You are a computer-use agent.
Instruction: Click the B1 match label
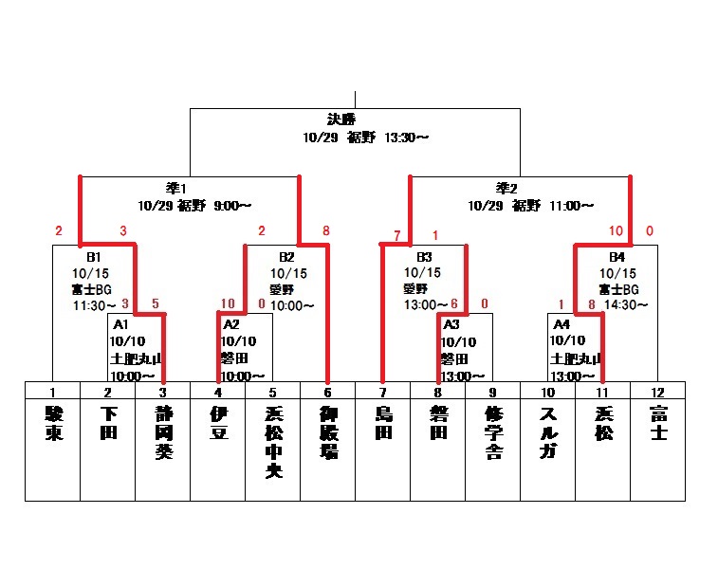coord(93,257)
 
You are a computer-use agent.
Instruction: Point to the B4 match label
coord(617,257)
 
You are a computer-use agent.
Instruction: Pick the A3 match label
coord(452,324)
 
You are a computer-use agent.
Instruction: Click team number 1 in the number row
coord(52,391)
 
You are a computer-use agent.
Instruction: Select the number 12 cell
coord(657,391)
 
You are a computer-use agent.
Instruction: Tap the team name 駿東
coord(52,424)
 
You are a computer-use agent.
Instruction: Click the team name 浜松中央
coord(272,444)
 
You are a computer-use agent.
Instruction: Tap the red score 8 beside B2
coord(325,230)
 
